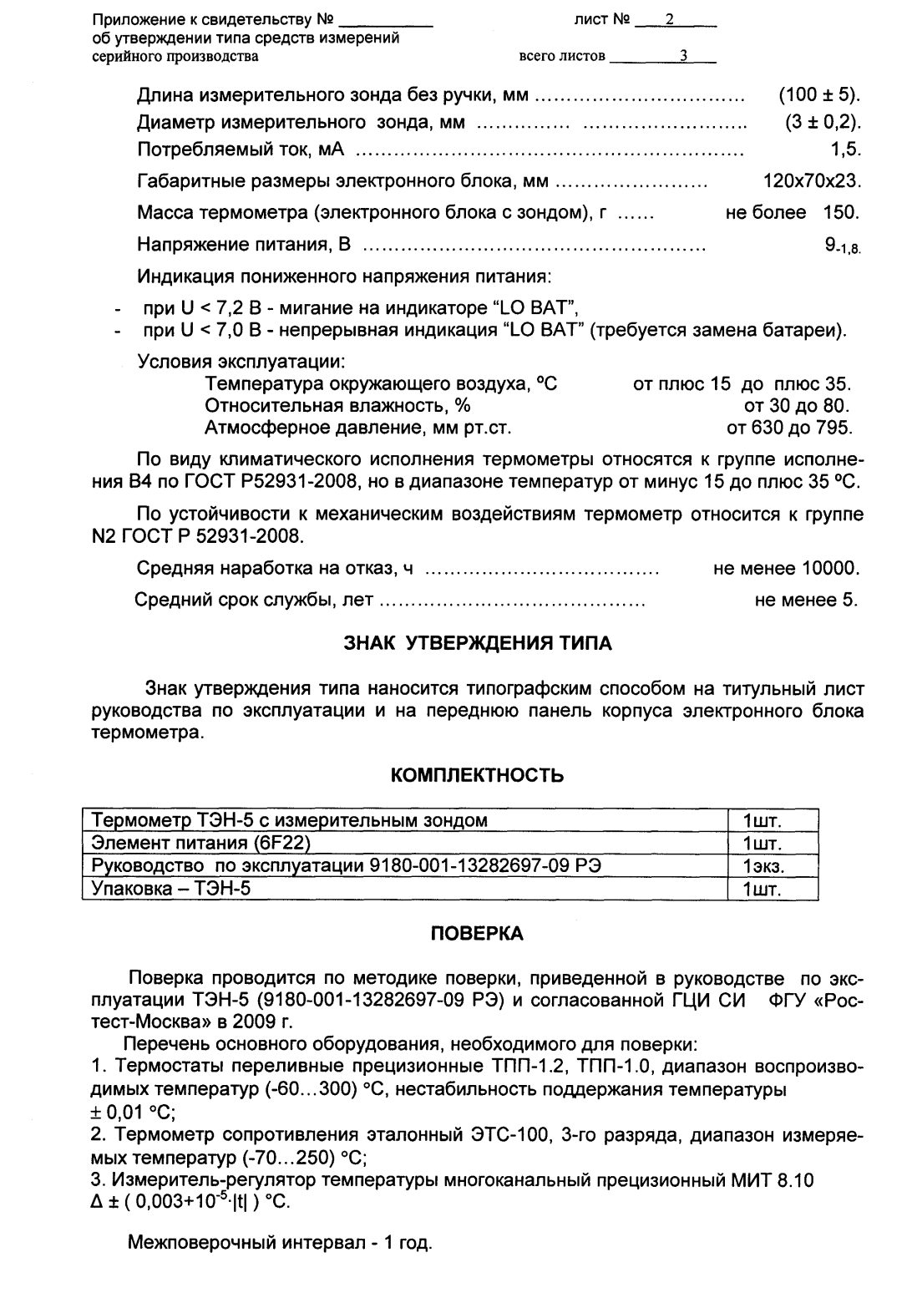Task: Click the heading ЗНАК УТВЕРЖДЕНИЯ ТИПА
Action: (478, 643)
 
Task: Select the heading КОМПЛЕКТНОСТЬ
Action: (478, 776)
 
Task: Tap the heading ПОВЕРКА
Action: (477, 934)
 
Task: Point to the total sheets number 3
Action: (683, 57)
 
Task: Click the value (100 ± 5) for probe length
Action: (818, 95)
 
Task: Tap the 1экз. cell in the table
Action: (763, 866)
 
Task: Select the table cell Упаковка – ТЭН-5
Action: (171, 888)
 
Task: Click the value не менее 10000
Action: (786, 570)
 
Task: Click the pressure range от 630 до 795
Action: (789, 428)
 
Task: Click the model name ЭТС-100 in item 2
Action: (518, 1135)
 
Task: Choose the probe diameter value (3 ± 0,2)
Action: (822, 124)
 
